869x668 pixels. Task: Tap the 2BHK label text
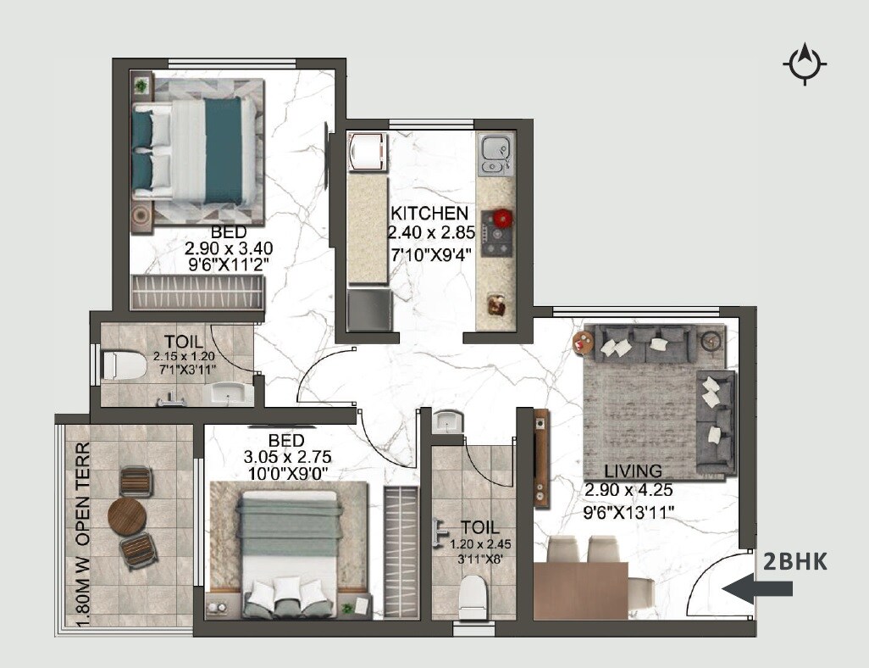(x=794, y=561)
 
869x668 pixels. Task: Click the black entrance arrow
(x=756, y=588)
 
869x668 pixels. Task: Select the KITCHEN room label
(x=428, y=214)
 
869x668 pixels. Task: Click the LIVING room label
(x=633, y=471)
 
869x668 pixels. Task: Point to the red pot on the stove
(x=503, y=218)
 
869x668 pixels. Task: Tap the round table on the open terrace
(x=128, y=516)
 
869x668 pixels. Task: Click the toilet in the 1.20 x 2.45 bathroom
(x=473, y=597)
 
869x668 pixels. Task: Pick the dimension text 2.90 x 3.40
(x=229, y=248)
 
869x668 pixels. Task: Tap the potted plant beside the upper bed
(x=141, y=85)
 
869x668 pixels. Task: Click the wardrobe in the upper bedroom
(x=196, y=292)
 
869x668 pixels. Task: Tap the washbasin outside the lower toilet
(x=446, y=420)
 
